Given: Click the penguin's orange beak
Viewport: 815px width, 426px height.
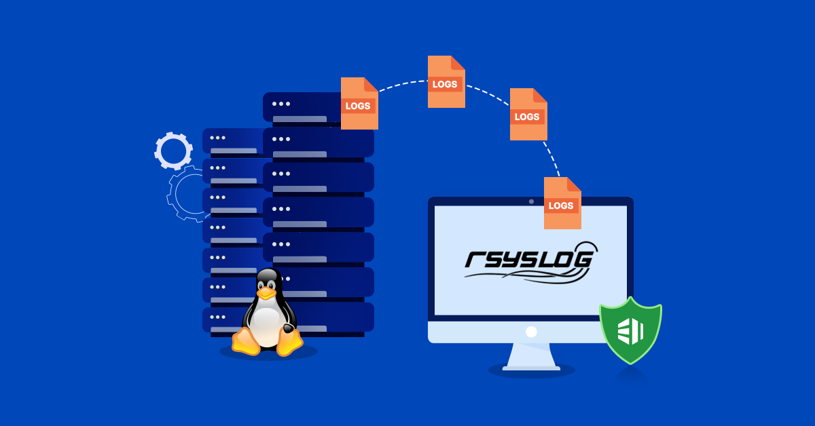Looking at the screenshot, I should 266,293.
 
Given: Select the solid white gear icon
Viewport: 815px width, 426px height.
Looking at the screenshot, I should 173,151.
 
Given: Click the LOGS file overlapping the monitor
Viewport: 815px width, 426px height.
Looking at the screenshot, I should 562,204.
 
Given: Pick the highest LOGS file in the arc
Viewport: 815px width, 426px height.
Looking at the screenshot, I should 446,82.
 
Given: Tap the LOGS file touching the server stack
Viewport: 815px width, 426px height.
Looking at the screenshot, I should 359,104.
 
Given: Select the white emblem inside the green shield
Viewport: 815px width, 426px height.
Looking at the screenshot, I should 630,331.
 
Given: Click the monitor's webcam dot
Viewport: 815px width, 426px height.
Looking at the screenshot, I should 531,201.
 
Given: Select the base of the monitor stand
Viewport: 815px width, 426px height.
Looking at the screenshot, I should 531,368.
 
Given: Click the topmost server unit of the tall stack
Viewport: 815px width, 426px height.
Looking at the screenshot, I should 302,107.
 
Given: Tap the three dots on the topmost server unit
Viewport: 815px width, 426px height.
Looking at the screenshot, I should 280,104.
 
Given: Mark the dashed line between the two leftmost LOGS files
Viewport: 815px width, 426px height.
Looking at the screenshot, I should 402,83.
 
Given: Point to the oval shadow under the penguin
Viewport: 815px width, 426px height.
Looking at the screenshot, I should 269,353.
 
